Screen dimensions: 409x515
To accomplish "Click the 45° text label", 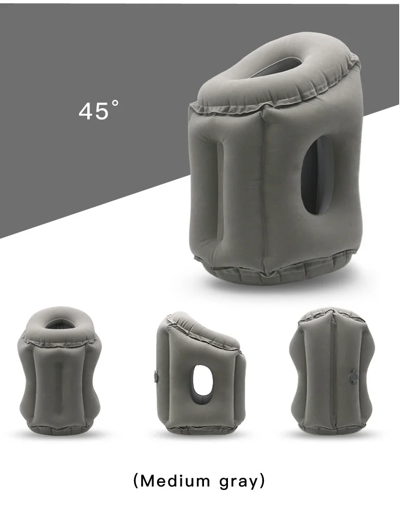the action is (99, 110).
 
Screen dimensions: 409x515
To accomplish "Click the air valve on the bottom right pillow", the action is (354, 375).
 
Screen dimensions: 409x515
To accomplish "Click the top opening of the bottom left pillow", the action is (59, 324).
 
